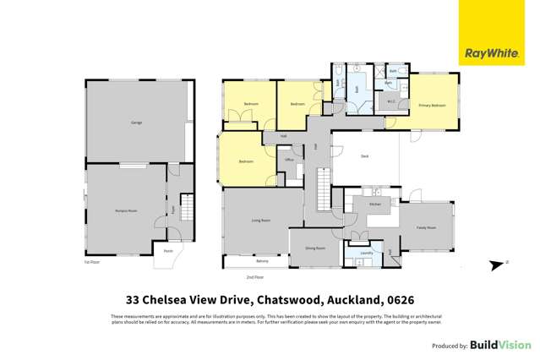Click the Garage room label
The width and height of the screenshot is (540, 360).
[136, 123]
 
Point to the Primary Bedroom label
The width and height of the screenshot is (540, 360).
[432, 105]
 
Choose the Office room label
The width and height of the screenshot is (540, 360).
[288, 159]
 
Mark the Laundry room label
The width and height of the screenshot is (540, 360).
[367, 253]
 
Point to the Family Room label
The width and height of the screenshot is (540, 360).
[426, 227]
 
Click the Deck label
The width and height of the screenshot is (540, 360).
[364, 156]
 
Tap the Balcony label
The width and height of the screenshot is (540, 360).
[251, 261]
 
